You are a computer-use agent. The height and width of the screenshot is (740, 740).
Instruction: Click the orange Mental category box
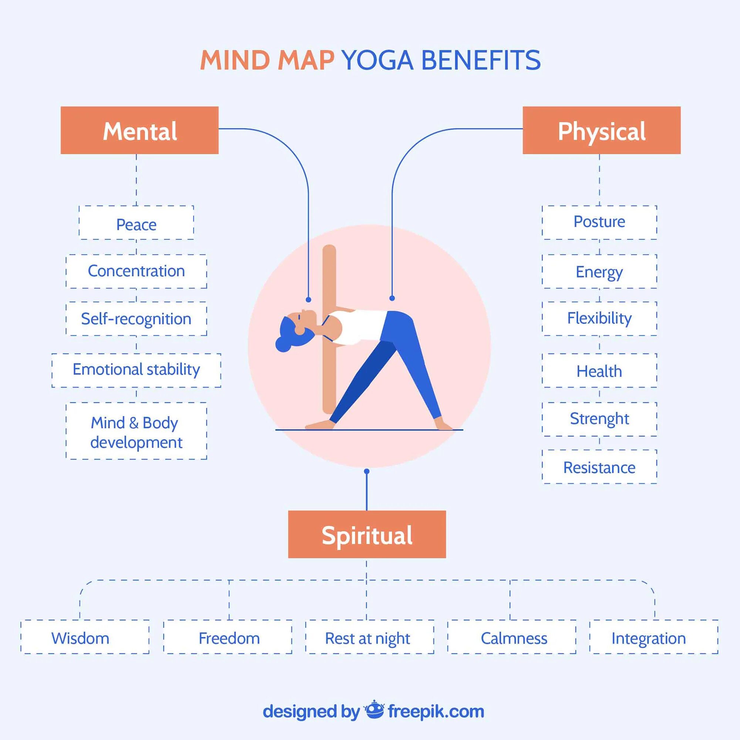pyautogui.click(x=139, y=130)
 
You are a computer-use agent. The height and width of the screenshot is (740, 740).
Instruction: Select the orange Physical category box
pyautogui.click(x=601, y=130)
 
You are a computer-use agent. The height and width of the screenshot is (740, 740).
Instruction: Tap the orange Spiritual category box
pyautogui.click(x=367, y=534)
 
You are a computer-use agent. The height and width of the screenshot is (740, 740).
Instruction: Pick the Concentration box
pyautogui.click(x=137, y=271)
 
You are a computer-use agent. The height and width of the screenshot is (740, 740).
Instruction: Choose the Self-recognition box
pyautogui.click(x=137, y=319)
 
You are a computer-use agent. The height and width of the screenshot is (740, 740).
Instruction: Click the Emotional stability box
pyautogui.click(x=137, y=370)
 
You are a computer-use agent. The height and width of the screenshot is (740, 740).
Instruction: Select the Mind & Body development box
pyautogui.click(x=137, y=431)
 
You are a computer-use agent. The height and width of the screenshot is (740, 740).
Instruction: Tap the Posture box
pyautogui.click(x=599, y=222)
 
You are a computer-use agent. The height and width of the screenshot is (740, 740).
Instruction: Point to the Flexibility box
pyautogui.click(x=599, y=319)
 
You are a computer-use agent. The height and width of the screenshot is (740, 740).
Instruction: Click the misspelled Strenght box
pyautogui.click(x=599, y=419)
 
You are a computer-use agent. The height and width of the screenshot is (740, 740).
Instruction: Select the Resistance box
pyautogui.click(x=599, y=467)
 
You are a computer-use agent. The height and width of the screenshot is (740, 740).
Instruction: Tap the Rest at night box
pyautogui.click(x=370, y=638)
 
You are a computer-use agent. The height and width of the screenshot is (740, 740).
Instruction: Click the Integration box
pyautogui.click(x=653, y=638)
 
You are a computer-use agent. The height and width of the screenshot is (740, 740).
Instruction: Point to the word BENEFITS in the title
pyautogui.click(x=480, y=61)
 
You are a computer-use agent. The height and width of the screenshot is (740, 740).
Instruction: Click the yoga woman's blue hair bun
pyautogui.click(x=283, y=345)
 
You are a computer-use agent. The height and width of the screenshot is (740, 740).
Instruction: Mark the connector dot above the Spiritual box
pyautogui.click(x=367, y=471)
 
